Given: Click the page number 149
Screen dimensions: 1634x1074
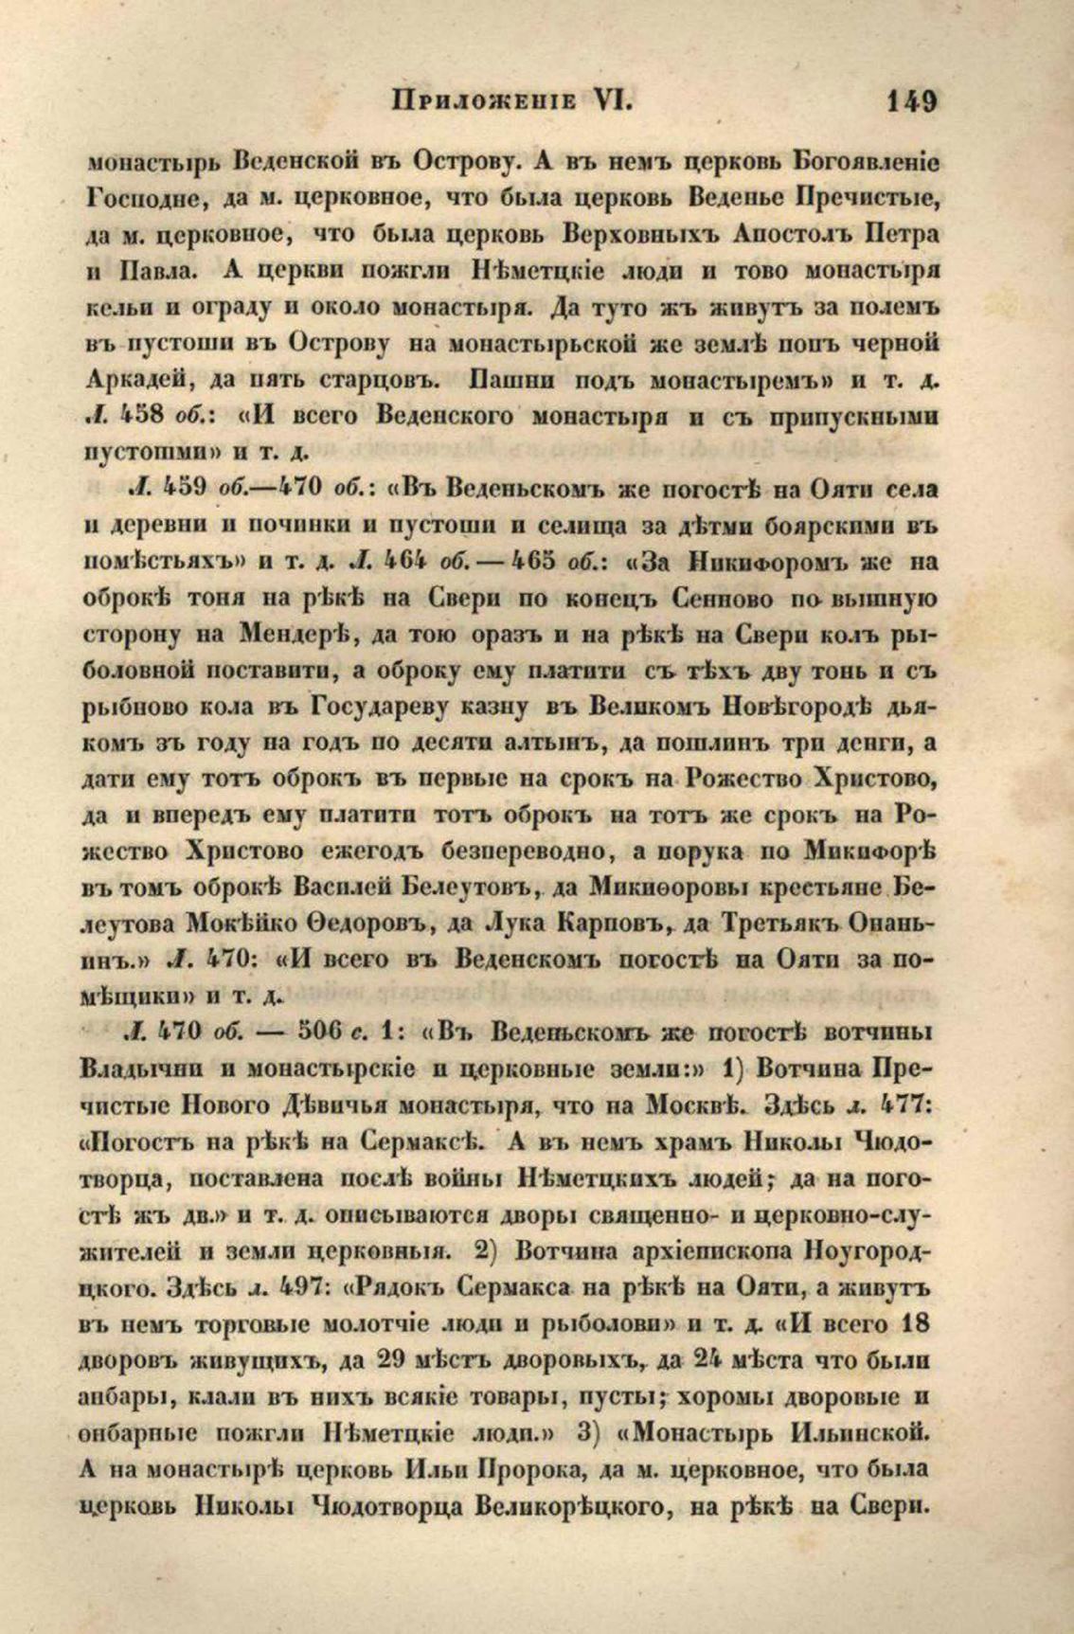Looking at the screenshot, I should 911,100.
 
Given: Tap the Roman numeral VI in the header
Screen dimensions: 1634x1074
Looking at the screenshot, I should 612,100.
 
